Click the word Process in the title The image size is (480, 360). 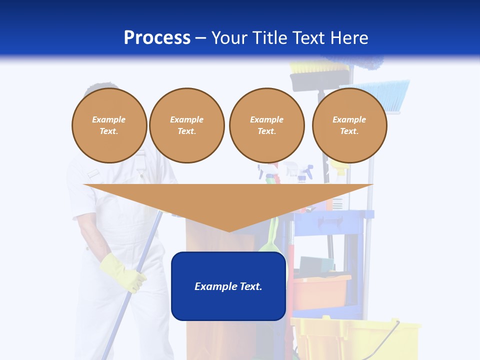point(157,37)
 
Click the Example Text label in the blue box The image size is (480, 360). point(228,286)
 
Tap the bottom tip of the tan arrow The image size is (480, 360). point(228,230)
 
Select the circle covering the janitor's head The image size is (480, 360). point(109,125)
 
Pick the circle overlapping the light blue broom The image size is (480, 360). point(349,125)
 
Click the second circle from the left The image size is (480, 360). point(186,125)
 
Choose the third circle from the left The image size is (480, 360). point(266,125)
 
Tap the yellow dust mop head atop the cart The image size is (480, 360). point(307,67)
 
